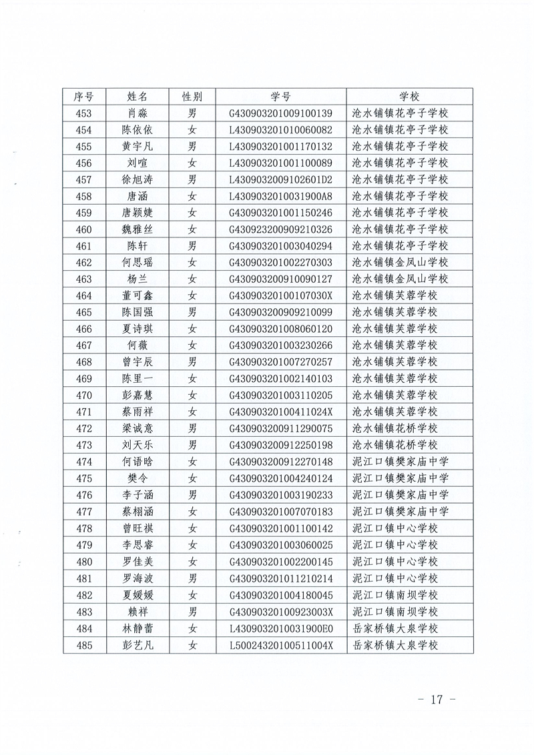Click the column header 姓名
click(x=140, y=97)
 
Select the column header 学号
click(x=280, y=97)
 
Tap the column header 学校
click(x=409, y=97)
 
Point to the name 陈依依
click(x=140, y=130)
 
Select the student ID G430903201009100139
click(x=280, y=113)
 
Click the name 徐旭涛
click(x=140, y=179)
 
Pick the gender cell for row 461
click(x=192, y=246)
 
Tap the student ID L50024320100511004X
click(x=280, y=645)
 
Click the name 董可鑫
click(x=140, y=296)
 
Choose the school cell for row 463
click(x=400, y=279)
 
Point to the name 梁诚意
click(x=140, y=429)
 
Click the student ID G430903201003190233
click(x=280, y=496)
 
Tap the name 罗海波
click(x=140, y=578)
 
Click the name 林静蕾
click(x=140, y=628)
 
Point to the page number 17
click(x=437, y=700)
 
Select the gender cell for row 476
click(x=192, y=496)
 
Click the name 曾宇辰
click(x=140, y=362)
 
